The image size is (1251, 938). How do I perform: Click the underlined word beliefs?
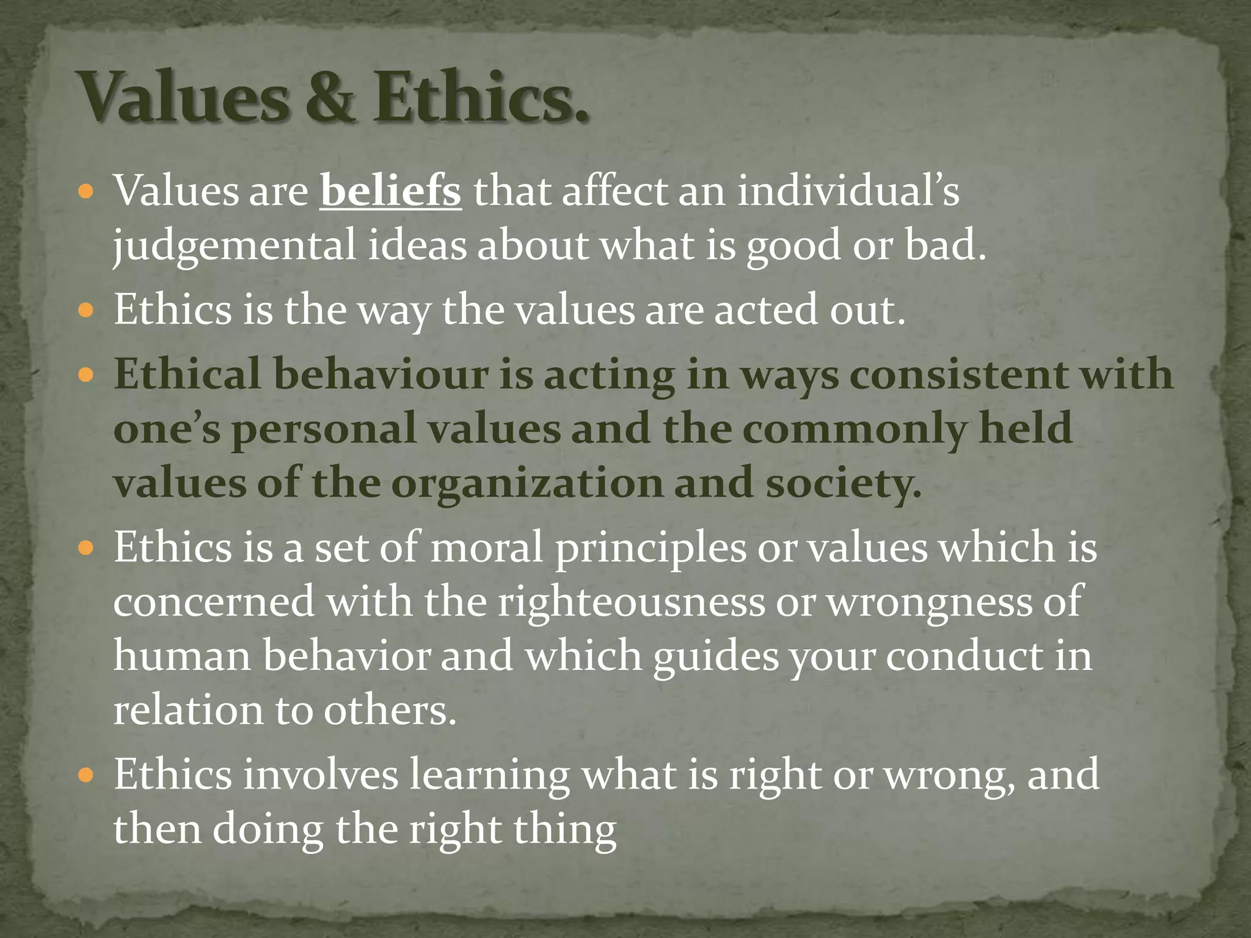pyautogui.click(x=390, y=191)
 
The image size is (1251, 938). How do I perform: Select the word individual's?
pyautogui.click(x=848, y=191)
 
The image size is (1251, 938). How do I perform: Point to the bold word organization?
pyautogui.click(x=527, y=483)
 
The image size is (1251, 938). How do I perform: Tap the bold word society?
pyautogui.click(x=843, y=483)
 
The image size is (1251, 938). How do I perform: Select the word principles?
pyautogui.click(x=651, y=547)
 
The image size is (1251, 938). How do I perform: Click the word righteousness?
pyautogui.click(x=631, y=602)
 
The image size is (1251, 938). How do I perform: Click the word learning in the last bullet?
pyautogui.click(x=489, y=774)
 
